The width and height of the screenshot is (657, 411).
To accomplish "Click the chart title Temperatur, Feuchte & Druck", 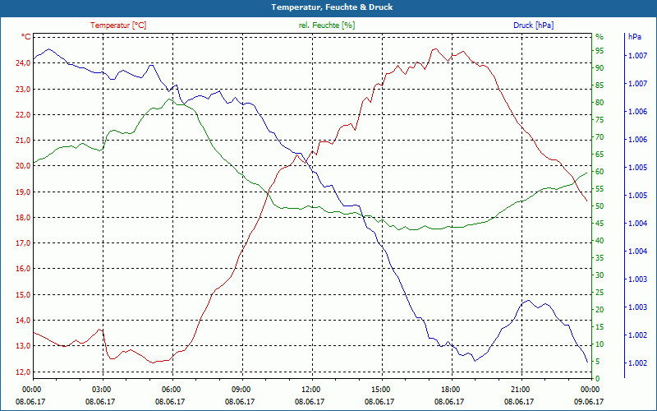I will [x=328, y=7].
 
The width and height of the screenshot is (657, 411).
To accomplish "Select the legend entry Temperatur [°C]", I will [x=118, y=25].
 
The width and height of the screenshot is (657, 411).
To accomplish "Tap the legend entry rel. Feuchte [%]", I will [x=327, y=25].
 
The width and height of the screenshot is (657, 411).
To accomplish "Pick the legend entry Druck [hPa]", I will [x=533, y=25].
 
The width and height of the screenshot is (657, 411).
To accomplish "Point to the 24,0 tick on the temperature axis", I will [x=20, y=63].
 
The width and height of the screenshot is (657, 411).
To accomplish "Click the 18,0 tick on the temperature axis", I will [x=20, y=218].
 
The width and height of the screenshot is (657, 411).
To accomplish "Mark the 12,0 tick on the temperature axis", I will [x=20, y=372].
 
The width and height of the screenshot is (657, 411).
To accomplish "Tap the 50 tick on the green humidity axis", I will [x=600, y=206].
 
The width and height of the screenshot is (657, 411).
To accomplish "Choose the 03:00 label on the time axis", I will [x=102, y=390].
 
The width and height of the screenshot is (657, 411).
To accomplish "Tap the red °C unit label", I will [x=26, y=37].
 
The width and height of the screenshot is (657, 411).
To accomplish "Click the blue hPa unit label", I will [x=635, y=37].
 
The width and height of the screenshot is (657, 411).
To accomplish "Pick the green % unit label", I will [x=599, y=37].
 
